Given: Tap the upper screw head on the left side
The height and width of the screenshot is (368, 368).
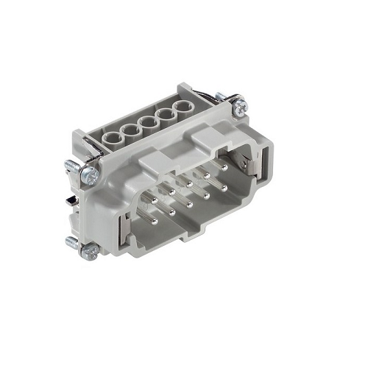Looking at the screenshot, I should (x=89, y=175).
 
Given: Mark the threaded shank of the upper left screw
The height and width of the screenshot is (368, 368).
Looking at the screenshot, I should (x=71, y=167).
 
